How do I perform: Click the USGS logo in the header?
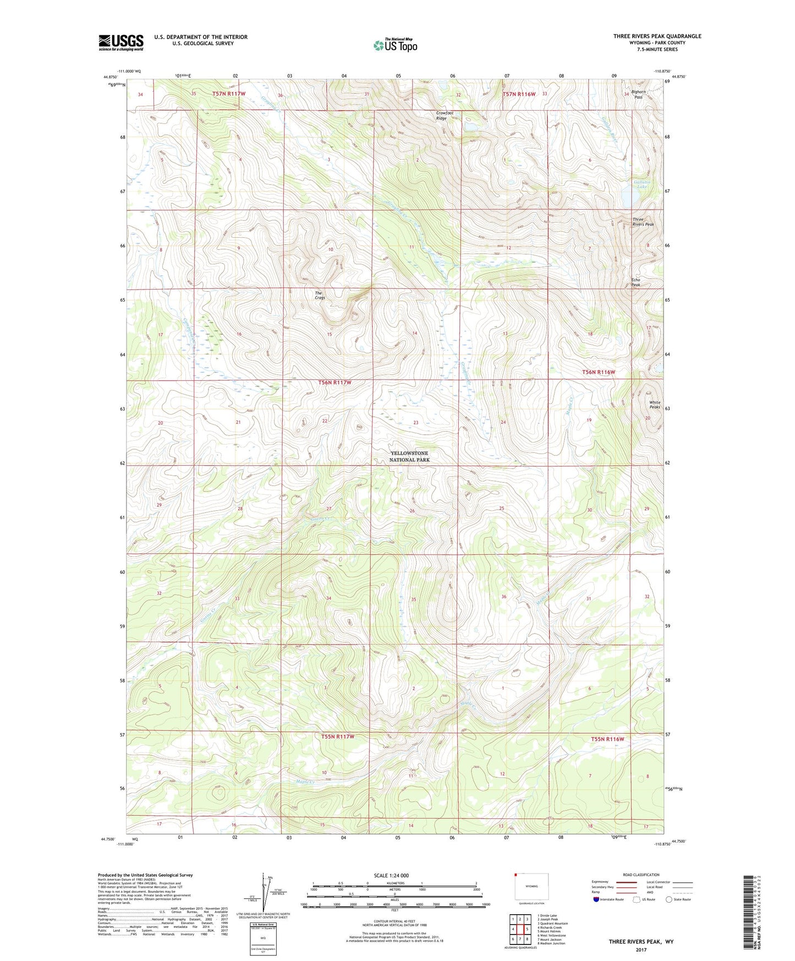(x=121, y=42)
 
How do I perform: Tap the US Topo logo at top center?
(x=395, y=45)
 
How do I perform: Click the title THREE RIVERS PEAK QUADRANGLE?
(x=657, y=36)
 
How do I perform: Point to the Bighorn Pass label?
(x=638, y=95)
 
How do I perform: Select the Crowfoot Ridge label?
(x=445, y=116)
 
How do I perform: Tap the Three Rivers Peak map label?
(x=643, y=222)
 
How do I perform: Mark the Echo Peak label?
(x=635, y=282)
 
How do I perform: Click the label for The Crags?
(x=320, y=295)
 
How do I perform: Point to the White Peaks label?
(x=654, y=405)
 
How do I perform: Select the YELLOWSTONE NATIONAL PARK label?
(x=409, y=456)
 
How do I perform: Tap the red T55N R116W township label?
(x=607, y=739)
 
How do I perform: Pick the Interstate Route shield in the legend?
(x=597, y=899)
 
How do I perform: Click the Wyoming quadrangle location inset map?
(x=531, y=887)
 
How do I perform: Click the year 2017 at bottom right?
(x=640, y=949)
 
